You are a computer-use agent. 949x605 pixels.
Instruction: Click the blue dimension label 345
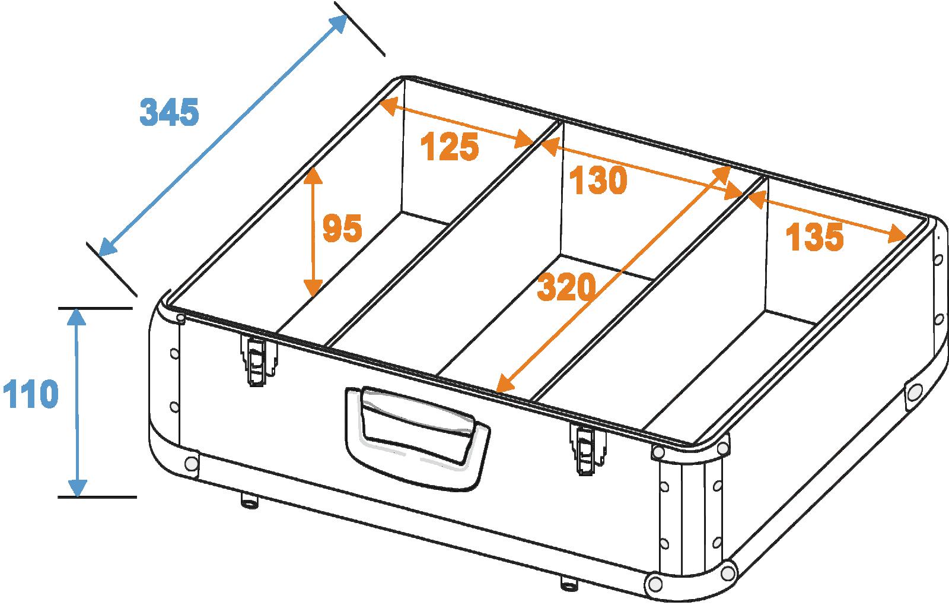(169, 112)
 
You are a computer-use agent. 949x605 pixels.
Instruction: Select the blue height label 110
(30, 394)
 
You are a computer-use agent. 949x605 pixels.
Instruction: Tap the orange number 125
(450, 146)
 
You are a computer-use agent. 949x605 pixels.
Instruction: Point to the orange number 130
(598, 180)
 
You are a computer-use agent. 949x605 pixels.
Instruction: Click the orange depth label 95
(342, 227)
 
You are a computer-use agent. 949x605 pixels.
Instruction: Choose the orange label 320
(566, 287)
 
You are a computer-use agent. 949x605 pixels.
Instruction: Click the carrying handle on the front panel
(418, 438)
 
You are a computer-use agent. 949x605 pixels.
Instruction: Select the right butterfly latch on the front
(587, 448)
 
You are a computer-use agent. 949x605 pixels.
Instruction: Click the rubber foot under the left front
(250, 501)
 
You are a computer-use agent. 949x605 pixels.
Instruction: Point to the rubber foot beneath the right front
(569, 583)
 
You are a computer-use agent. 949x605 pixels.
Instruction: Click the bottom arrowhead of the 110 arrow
(78, 487)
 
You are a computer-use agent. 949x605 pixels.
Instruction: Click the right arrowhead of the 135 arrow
(897, 234)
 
